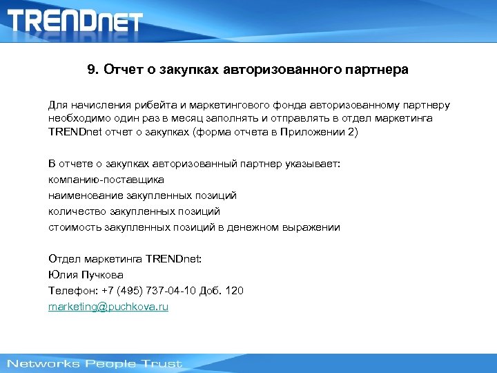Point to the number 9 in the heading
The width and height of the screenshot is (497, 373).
point(92,70)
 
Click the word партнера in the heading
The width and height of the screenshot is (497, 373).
point(377,70)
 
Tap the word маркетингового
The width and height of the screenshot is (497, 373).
point(230,105)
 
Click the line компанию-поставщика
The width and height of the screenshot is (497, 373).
point(106,180)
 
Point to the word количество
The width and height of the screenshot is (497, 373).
point(76,211)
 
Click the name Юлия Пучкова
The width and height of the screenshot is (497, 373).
point(86,275)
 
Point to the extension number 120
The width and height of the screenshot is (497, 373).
point(234,291)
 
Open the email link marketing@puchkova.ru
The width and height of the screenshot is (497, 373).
point(108,307)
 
